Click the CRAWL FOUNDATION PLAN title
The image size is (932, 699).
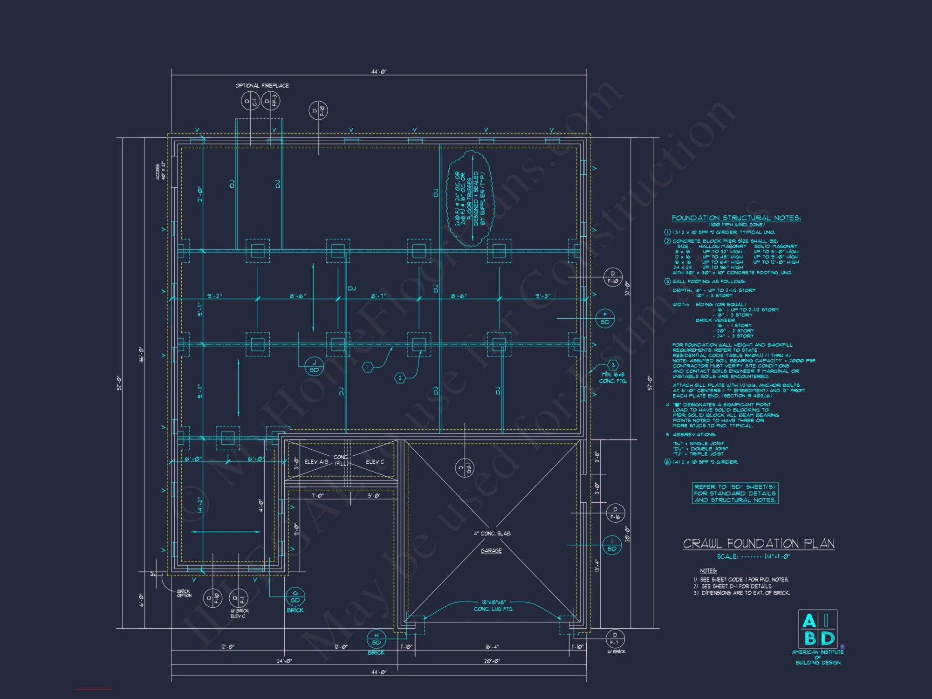pos(758,544)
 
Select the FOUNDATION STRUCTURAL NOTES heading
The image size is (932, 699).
pos(736,218)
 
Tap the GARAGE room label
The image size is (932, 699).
pos(491,551)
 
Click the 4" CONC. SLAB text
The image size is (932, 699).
pos(492,534)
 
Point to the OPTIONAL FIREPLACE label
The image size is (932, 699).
pos(262,86)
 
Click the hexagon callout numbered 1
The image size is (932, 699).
pos(368,367)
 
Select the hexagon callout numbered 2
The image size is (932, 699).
pos(400,378)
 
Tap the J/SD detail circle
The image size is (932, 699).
pos(314,366)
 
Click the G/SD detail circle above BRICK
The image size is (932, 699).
pos(295,597)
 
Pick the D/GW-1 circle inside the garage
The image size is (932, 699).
pos(465,468)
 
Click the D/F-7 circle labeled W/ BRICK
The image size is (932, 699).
pos(615,638)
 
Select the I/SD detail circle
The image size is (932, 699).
pos(612,545)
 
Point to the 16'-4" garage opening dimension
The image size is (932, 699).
pos(492,647)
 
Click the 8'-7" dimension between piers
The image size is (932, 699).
pos(378,296)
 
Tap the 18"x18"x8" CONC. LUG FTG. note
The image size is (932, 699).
pos(493,606)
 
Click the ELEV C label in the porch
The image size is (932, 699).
pos(375,462)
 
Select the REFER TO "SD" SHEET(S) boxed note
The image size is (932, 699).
pos(735,493)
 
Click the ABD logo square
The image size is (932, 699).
pos(817,629)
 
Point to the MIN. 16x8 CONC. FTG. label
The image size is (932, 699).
pos(613,377)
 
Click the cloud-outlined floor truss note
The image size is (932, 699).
pos(469,198)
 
